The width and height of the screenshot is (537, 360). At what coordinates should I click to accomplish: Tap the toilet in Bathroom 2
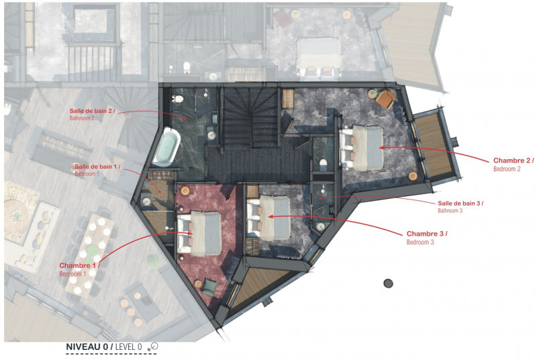[x=179, y=99]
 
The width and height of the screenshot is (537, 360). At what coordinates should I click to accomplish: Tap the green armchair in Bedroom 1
[x=210, y=287]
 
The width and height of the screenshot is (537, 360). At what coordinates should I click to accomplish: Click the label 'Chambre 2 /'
[x=514, y=161]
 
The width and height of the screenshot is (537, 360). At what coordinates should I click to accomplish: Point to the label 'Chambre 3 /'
[x=427, y=233]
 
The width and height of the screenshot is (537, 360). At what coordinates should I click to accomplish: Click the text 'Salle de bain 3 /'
[x=460, y=203]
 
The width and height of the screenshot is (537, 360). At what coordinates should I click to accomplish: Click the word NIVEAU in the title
[x=85, y=347]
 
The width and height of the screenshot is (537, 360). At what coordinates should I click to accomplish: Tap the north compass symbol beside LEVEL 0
[x=154, y=346]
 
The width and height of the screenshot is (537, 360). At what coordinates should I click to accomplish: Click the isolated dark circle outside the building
[x=387, y=283]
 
